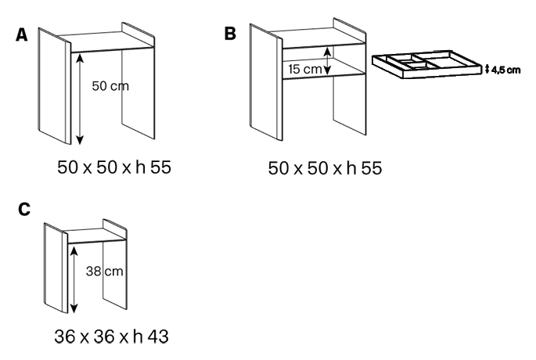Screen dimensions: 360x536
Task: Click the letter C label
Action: (x=23, y=210)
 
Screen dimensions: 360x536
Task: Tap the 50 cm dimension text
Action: (x=110, y=86)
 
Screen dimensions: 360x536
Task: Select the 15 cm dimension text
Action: (x=304, y=68)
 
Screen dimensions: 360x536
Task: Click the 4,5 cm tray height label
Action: (x=505, y=70)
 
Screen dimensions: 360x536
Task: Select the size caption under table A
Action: (x=114, y=167)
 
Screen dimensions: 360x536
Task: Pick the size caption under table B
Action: (x=325, y=167)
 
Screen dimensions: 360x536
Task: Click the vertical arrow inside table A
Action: (x=79, y=97)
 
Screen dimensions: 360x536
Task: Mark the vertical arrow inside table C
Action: (x=73, y=279)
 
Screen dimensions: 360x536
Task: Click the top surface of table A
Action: (x=106, y=42)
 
